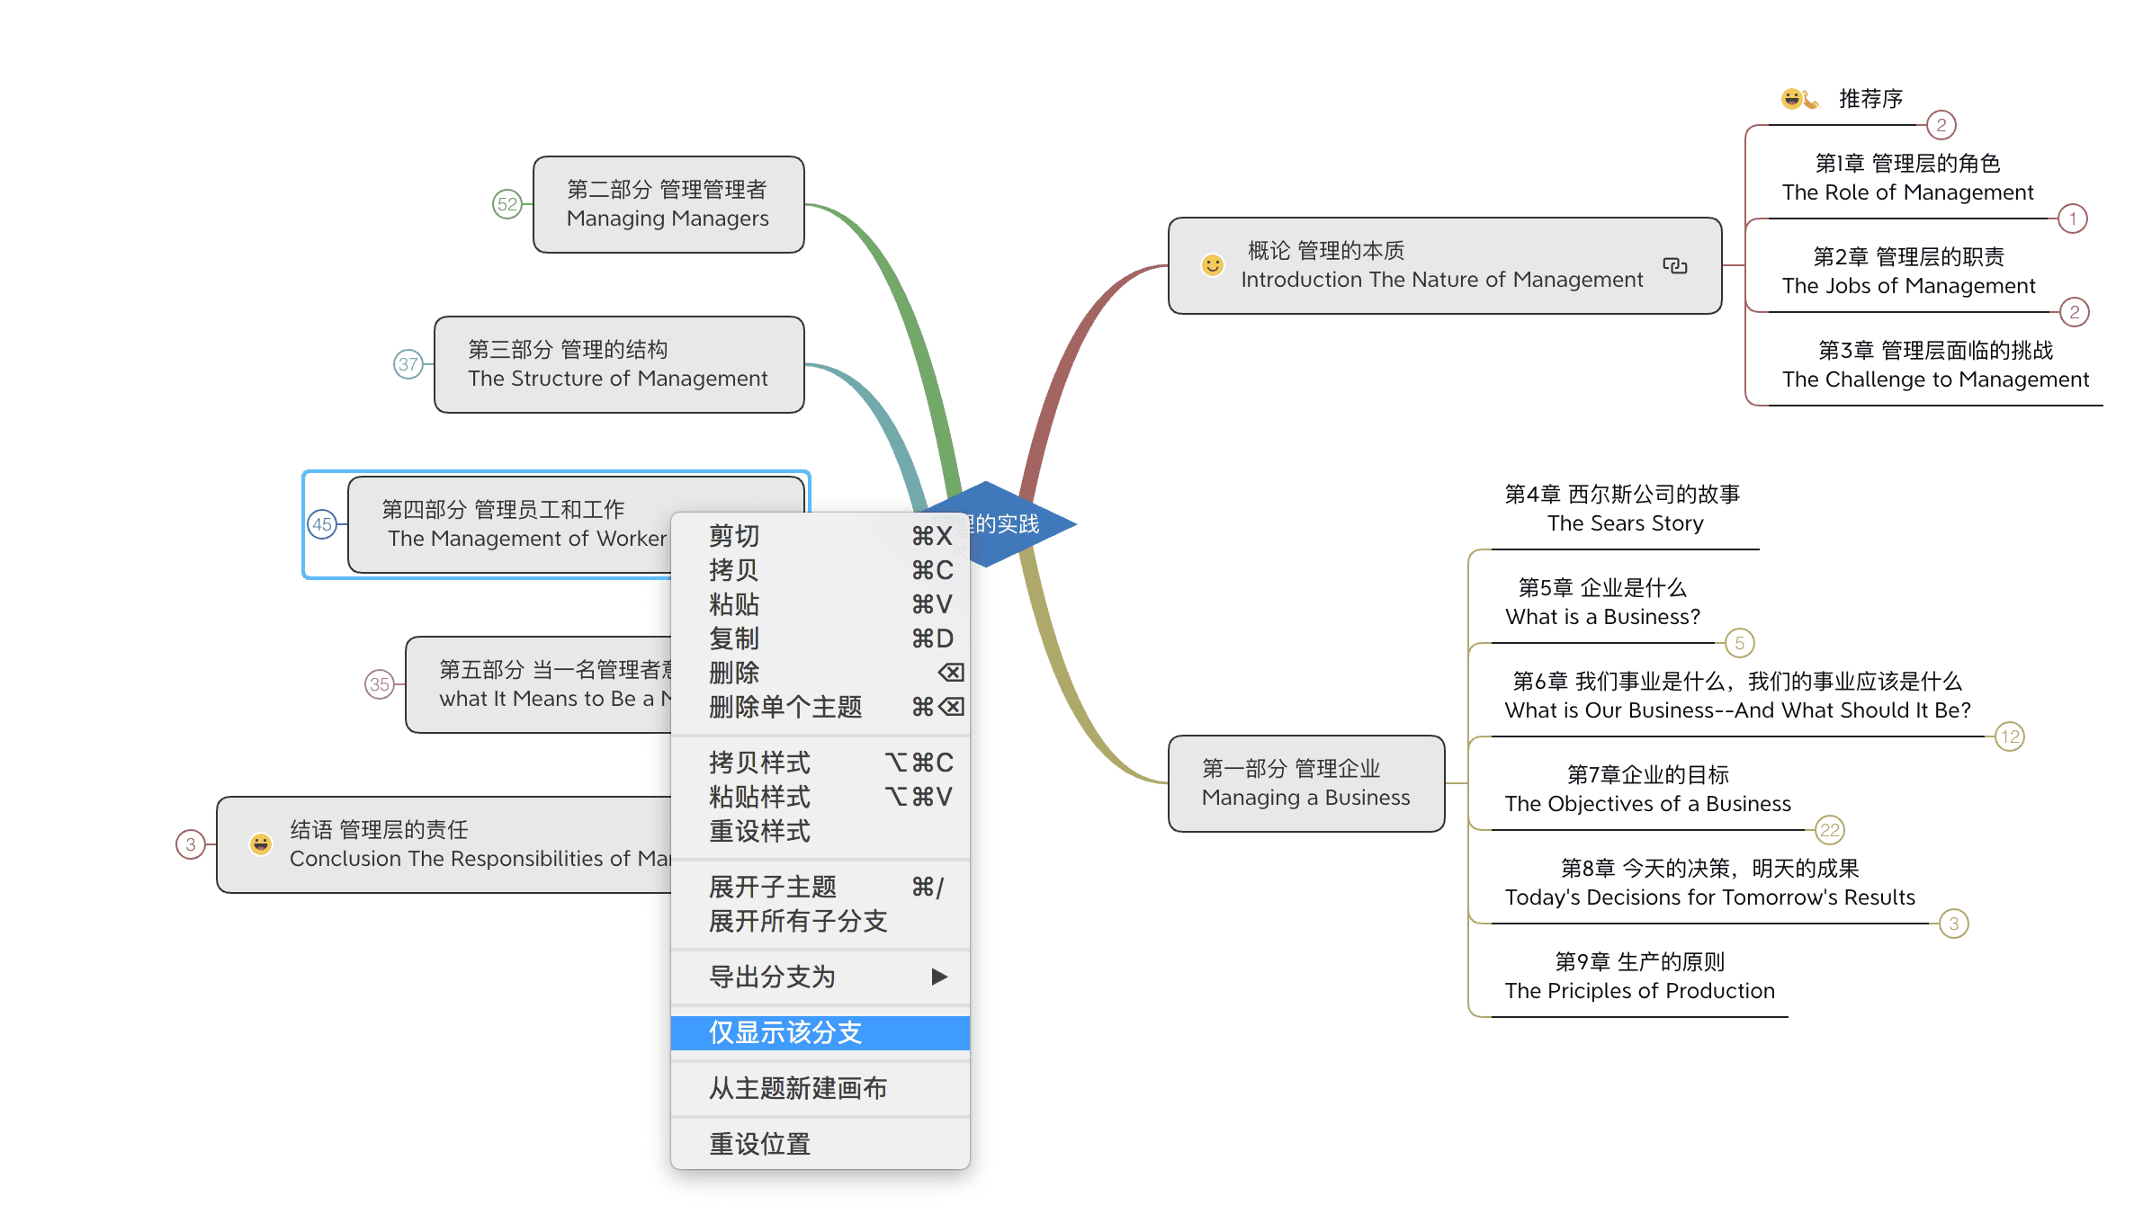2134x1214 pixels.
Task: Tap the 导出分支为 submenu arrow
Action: [939, 977]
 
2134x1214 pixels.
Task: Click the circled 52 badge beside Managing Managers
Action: [507, 204]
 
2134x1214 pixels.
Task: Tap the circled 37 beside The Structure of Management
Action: [408, 364]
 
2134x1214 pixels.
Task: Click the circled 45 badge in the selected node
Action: [322, 524]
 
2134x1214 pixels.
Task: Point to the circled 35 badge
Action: [380, 684]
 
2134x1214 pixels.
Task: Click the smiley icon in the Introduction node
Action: [1213, 265]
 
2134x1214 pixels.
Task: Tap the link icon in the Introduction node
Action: [1674, 265]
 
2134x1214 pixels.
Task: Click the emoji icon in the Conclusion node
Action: [261, 844]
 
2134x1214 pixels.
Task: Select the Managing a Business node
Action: [1305, 783]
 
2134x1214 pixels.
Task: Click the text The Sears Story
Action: [1625, 523]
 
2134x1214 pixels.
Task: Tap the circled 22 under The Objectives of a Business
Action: [1830, 830]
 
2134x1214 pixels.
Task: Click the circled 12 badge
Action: [2010, 736]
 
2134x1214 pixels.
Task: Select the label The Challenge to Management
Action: [1935, 379]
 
